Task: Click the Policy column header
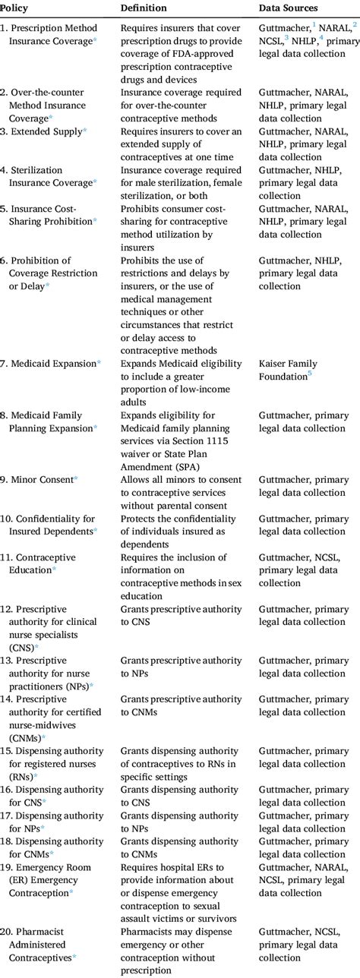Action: click(15, 8)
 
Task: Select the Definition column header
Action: click(144, 8)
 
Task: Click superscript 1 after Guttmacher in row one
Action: click(314, 25)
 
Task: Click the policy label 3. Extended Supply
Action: click(43, 131)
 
